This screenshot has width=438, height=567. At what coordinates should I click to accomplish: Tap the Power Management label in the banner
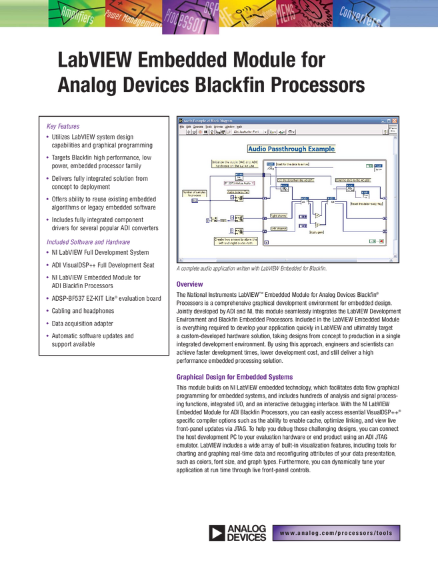click(x=133, y=21)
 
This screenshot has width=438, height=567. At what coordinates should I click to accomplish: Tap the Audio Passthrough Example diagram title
click(x=291, y=149)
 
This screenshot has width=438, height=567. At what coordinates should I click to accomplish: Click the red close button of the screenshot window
click(x=395, y=119)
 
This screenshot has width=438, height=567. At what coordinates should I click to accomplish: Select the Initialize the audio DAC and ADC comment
click(x=230, y=163)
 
